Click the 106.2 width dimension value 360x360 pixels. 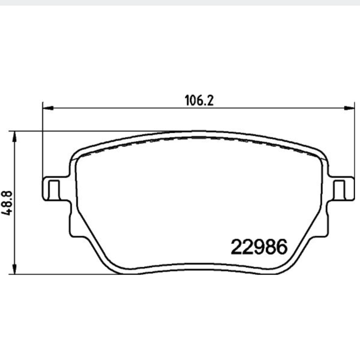pos(199,100)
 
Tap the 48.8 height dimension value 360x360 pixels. pos(7,203)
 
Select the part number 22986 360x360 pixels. pos(259,247)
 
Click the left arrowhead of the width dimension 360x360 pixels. pos(48,108)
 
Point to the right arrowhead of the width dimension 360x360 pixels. pos(349,108)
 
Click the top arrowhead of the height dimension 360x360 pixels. pos(14,137)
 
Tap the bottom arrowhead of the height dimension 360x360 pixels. pos(14,269)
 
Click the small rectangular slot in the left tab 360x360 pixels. pos(54,190)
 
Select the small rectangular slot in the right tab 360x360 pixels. pos(339,190)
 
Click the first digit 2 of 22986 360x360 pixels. pos(236,247)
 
